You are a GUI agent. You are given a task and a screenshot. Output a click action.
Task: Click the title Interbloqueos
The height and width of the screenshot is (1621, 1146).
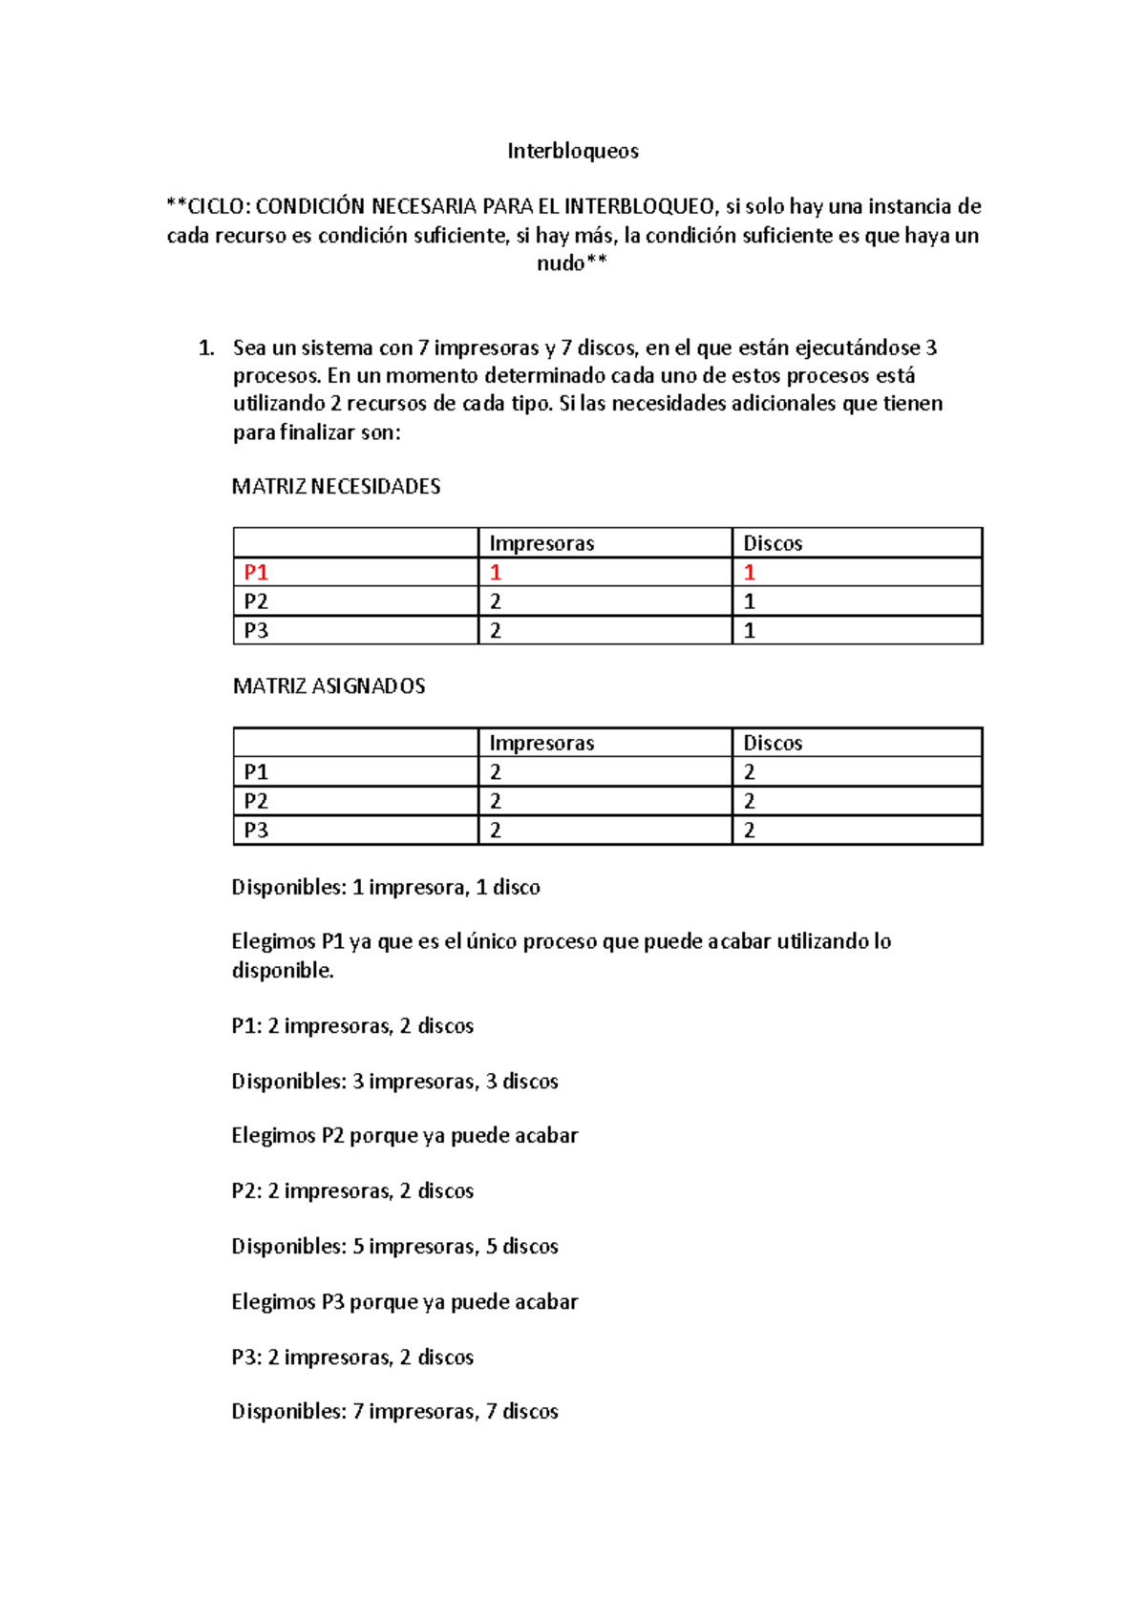click(x=572, y=151)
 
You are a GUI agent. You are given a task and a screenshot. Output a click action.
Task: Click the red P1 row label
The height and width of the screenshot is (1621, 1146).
click(x=256, y=572)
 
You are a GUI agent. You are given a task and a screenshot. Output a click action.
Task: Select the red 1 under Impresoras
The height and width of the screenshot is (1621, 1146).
click(x=496, y=572)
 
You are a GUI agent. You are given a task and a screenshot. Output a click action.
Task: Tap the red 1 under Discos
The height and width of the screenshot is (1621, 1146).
click(x=750, y=572)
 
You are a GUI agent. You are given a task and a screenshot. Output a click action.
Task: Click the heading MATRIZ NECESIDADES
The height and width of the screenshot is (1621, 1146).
click(x=336, y=487)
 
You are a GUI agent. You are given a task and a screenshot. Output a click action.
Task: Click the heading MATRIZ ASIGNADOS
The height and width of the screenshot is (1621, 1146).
click(x=329, y=686)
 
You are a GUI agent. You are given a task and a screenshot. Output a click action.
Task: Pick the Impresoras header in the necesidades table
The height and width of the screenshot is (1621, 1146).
click(x=541, y=543)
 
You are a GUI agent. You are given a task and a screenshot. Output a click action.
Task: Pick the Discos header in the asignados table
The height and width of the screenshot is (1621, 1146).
click(x=773, y=743)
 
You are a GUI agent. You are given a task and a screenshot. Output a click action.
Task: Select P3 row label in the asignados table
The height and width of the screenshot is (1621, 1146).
click(x=256, y=830)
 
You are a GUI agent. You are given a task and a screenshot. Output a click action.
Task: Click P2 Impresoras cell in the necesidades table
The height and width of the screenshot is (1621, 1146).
click(x=496, y=601)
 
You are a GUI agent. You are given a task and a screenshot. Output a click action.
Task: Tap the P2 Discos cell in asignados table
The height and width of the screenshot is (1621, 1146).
click(x=750, y=801)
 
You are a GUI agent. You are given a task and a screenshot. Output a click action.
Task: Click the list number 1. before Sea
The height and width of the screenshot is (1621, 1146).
click(x=206, y=348)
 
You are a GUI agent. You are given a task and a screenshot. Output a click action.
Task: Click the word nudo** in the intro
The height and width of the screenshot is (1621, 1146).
click(x=571, y=263)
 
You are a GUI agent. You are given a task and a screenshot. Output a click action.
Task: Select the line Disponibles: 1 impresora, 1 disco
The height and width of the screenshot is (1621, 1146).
click(x=386, y=888)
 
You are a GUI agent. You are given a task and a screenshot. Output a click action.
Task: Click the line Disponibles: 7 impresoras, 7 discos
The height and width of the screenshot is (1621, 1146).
click(x=394, y=1412)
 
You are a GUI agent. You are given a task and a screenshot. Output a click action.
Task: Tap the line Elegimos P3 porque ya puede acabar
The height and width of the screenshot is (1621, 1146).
click(x=404, y=1302)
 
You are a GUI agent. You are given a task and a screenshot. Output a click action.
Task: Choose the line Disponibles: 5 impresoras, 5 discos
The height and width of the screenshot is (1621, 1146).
click(x=394, y=1247)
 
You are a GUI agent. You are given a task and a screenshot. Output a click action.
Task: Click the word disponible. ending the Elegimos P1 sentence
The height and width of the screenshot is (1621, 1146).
click(x=283, y=971)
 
